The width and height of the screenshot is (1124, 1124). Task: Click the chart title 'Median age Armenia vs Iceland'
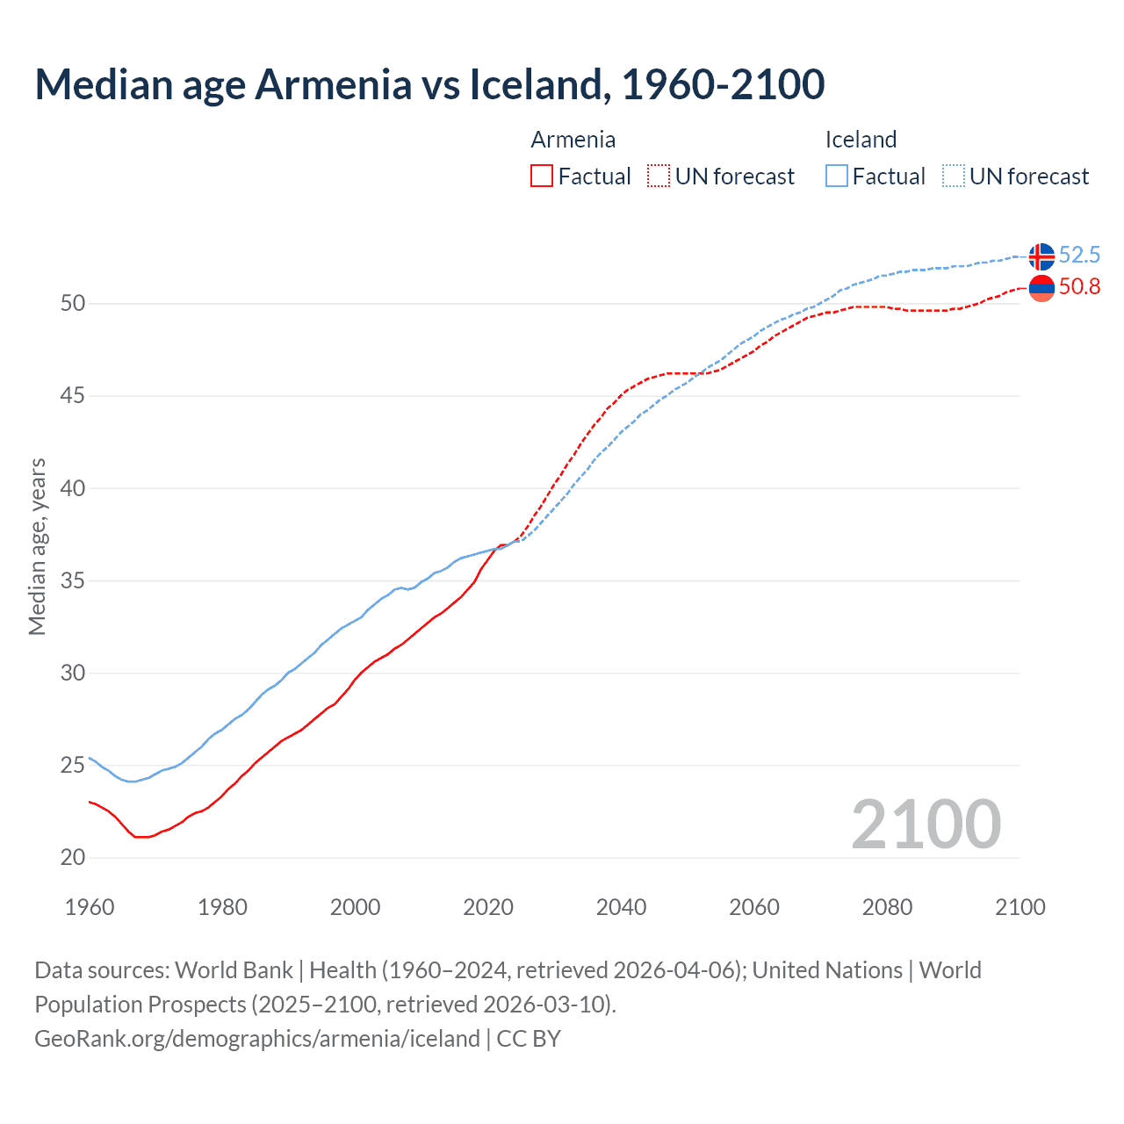point(429,84)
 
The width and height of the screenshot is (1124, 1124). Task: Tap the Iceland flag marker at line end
point(1041,256)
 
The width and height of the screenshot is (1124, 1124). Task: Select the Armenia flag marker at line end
point(1041,287)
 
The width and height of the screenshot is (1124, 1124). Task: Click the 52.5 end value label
point(1079,255)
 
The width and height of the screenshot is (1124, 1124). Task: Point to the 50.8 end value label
point(1079,287)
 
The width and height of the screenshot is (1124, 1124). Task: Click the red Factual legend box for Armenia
point(542,177)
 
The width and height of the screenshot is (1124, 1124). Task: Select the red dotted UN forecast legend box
point(659,177)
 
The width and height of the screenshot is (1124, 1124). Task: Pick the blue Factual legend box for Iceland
point(837,177)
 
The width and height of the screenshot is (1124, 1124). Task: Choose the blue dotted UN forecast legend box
point(954,177)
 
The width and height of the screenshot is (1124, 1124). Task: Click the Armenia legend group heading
point(573,140)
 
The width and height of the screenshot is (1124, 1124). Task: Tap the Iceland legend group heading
point(861,140)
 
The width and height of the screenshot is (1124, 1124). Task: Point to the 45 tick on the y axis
point(73,396)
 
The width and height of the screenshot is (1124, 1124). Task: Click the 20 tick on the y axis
point(73,858)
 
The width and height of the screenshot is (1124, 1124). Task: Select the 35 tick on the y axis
point(73,580)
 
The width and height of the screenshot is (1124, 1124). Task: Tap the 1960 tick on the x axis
point(90,907)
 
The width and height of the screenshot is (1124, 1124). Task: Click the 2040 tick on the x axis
point(621,907)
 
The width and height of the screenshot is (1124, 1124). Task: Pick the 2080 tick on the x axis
point(887,907)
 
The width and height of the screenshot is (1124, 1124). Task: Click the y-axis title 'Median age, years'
point(37,546)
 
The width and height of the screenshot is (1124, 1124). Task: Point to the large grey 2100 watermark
point(926,824)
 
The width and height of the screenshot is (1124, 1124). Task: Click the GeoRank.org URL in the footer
point(257,1039)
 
